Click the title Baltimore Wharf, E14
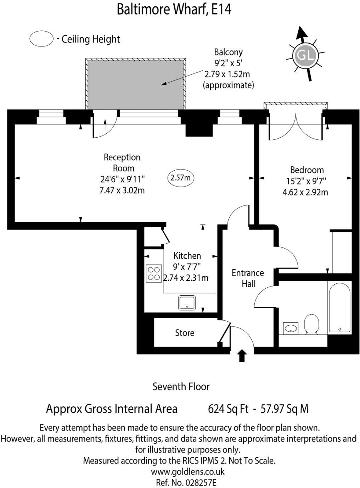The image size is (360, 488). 174,10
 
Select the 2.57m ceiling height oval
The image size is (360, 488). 181,178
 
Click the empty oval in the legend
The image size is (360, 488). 41,39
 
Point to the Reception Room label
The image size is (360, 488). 122,162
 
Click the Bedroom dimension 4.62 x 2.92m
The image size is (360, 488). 307,192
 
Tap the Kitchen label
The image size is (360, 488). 187,256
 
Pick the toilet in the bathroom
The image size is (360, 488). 311,323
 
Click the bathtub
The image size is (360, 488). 339,307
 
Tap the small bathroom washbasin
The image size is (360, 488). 291,328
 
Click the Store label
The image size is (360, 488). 185,333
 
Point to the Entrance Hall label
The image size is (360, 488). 248,278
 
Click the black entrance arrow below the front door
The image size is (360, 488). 242,355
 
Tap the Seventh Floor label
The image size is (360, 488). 181,386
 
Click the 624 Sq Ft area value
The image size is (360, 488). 228,409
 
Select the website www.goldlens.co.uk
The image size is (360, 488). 187,472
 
